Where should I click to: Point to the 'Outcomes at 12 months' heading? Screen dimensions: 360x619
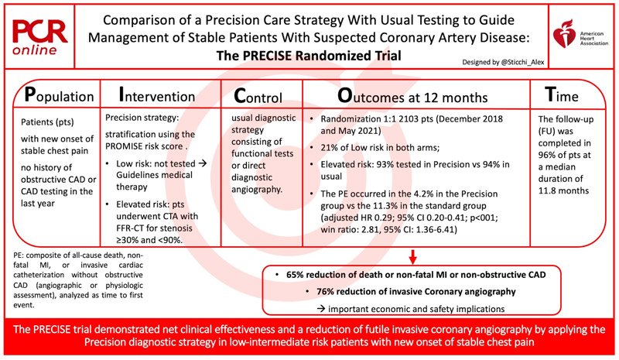pyautogui.click(x=412, y=97)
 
